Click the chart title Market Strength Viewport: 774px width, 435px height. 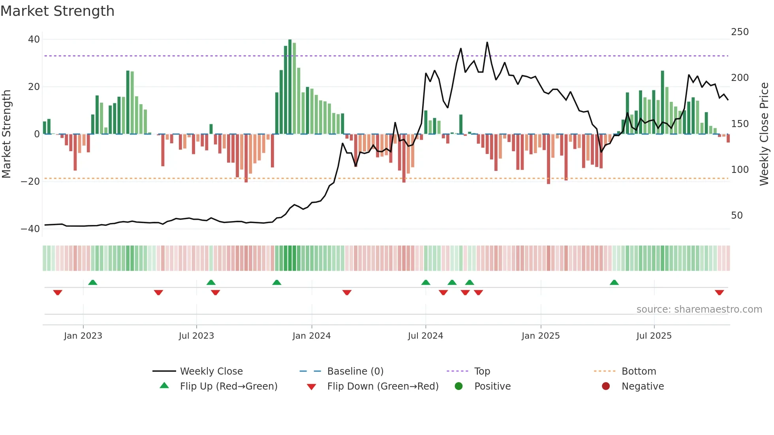click(x=57, y=11)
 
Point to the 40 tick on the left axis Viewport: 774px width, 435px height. click(x=34, y=39)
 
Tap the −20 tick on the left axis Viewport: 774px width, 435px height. click(x=30, y=182)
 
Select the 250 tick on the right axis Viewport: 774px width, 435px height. click(x=740, y=32)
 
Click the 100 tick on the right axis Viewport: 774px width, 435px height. click(x=740, y=170)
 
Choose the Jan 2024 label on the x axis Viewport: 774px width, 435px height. click(x=311, y=336)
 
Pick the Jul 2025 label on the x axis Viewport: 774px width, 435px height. click(x=654, y=336)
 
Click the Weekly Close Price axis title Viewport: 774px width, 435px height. click(x=764, y=134)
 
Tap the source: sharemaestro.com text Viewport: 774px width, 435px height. click(x=699, y=309)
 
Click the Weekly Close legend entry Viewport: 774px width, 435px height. click(x=211, y=371)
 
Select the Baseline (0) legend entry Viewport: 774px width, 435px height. click(x=355, y=371)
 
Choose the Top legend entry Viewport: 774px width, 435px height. click(x=482, y=371)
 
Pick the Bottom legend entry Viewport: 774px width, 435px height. click(x=639, y=371)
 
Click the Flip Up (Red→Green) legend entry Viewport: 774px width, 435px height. click(x=229, y=386)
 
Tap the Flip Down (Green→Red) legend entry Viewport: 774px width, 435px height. click(x=383, y=386)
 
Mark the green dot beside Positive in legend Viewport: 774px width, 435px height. click(x=458, y=386)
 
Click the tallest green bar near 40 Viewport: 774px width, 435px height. click(x=290, y=87)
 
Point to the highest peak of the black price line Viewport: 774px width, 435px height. click(x=487, y=43)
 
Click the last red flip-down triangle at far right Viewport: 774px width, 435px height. click(x=719, y=292)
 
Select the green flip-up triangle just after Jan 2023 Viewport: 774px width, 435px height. click(x=92, y=282)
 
